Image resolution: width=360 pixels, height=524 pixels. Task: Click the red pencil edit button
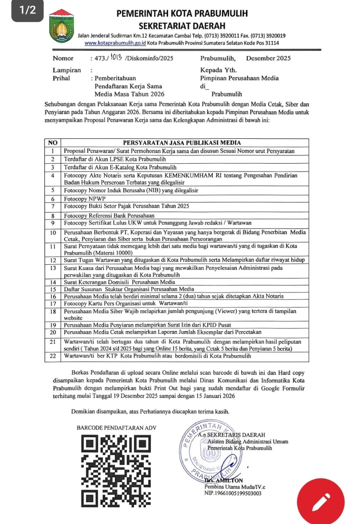click(x=321, y=502)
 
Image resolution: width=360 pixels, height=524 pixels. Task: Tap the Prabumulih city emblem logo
click(x=61, y=27)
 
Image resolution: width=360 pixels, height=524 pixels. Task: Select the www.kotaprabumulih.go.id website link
click(x=115, y=43)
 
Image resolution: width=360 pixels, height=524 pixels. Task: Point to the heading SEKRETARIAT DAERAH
click(x=182, y=25)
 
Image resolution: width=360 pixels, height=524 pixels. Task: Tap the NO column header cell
click(x=52, y=143)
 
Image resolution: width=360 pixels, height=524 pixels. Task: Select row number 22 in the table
click(x=52, y=356)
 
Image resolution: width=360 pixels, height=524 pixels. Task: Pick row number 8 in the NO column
click(x=52, y=215)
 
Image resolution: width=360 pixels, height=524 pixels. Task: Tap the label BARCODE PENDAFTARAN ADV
click(x=116, y=428)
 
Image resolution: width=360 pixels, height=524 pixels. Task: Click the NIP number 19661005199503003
click(x=233, y=493)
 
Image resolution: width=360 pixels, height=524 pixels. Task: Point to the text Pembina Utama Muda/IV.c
click(x=235, y=487)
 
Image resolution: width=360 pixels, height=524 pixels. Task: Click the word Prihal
click(x=61, y=78)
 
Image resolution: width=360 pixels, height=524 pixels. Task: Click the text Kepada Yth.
click(x=218, y=70)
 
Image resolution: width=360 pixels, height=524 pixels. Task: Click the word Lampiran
click(x=67, y=70)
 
